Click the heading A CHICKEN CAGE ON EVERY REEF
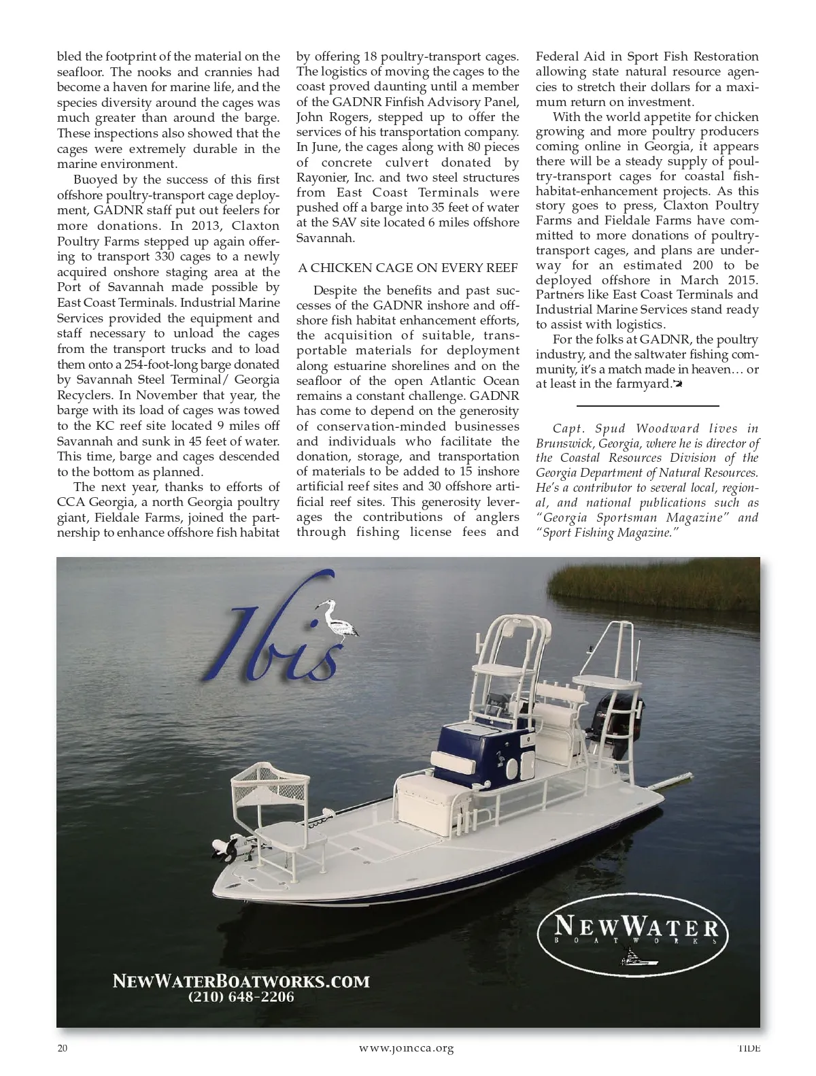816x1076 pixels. (408, 268)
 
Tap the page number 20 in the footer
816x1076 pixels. (63, 1048)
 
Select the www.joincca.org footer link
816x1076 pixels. (406, 1048)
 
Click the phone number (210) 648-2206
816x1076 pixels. (241, 998)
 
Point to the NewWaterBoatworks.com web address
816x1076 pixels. (241, 981)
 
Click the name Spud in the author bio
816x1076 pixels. (609, 428)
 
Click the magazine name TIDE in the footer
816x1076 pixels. (749, 1048)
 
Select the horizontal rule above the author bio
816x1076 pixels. (647, 407)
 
